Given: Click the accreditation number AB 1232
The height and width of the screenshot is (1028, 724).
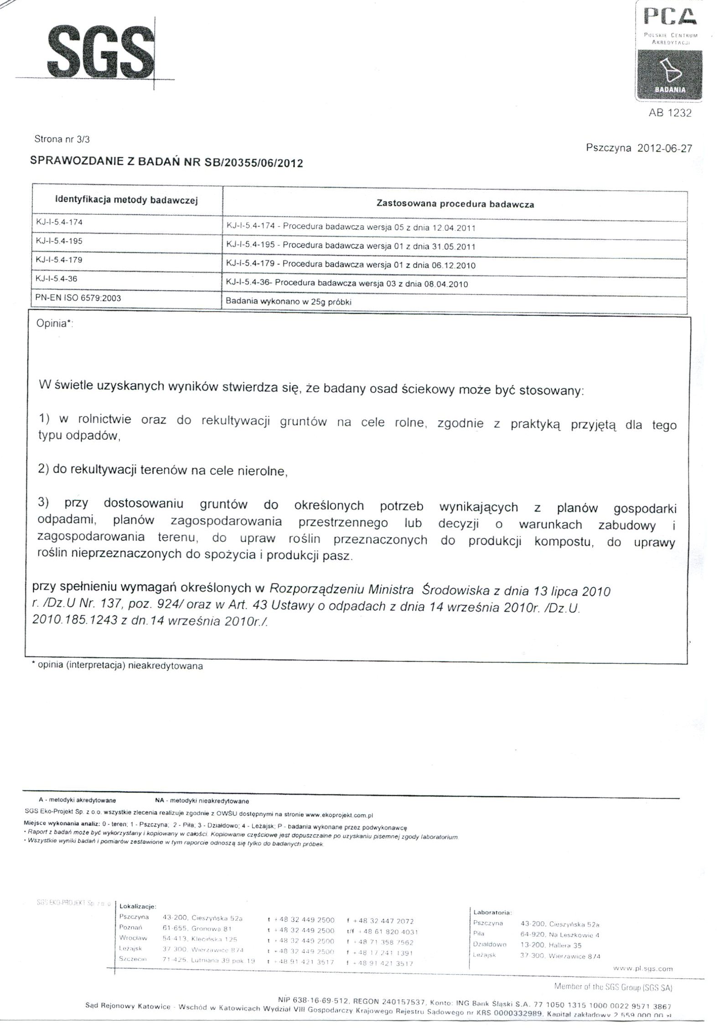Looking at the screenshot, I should [x=670, y=113].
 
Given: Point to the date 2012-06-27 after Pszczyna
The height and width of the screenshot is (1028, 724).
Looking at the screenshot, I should [x=664, y=148].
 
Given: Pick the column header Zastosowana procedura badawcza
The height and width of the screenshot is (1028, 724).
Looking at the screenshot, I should [x=455, y=204].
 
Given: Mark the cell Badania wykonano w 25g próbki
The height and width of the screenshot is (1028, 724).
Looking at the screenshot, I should [x=289, y=302].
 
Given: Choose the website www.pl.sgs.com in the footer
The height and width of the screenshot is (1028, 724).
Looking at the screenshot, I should [x=642, y=969].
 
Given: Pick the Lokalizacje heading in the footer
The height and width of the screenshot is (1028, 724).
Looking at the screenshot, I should [x=138, y=907].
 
